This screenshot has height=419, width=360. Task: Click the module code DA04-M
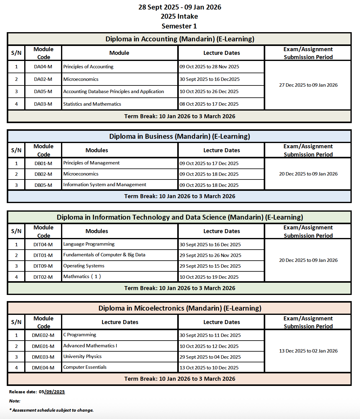click(43, 67)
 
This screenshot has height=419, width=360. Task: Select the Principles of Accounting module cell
click(88, 67)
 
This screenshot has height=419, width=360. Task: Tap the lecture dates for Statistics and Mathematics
click(209, 104)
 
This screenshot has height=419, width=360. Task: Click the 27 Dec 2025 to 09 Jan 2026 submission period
click(308, 85)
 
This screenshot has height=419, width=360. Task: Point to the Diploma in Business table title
click(179, 137)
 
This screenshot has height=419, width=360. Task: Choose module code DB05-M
click(43, 185)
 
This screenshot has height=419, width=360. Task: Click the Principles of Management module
click(91, 163)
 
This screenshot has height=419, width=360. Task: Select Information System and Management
click(105, 185)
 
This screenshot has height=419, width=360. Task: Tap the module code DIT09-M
click(43, 266)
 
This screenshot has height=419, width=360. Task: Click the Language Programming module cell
click(89, 244)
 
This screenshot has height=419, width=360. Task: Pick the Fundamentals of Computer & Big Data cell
click(104, 255)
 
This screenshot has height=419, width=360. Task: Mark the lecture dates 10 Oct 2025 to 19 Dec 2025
click(209, 277)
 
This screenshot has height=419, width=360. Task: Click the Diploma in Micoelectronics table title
click(180, 308)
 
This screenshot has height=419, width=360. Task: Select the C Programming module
click(80, 335)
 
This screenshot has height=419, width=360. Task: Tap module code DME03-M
click(43, 357)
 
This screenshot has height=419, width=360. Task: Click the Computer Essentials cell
click(85, 367)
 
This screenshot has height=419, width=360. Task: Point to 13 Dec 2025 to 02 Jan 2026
click(308, 351)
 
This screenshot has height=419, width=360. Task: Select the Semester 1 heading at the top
click(179, 26)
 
